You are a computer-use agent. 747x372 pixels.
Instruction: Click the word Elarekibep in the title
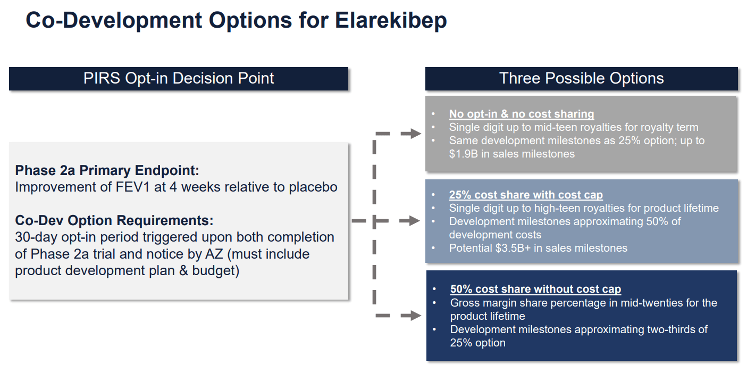(391, 21)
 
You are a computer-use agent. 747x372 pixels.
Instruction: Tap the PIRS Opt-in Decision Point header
(179, 78)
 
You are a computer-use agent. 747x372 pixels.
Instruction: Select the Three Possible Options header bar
(581, 78)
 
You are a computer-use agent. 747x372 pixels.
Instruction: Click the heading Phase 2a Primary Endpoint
(107, 170)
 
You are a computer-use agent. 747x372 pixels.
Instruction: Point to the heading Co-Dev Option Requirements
(114, 220)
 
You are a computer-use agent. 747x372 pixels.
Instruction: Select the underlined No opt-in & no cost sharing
(521, 114)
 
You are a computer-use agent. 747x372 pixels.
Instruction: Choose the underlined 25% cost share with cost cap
(526, 195)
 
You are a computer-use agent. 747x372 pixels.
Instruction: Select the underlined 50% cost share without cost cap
(535, 290)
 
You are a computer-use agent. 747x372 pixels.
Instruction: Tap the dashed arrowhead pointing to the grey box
(411, 134)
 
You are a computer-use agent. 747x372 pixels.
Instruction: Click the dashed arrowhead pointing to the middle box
(411, 220)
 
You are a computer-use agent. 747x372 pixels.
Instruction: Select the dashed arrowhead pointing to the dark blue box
(411, 316)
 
